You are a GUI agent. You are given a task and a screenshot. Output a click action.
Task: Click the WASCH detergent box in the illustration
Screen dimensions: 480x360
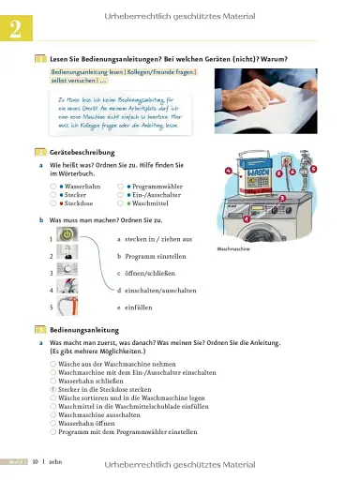click(262, 179)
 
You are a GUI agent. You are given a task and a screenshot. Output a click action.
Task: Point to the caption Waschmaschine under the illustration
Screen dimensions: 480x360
click(235, 250)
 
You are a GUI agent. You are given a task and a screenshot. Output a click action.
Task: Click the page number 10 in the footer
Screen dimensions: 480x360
click(34, 462)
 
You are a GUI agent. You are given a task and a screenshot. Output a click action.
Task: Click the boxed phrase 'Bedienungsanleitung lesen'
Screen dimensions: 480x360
click(87, 71)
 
